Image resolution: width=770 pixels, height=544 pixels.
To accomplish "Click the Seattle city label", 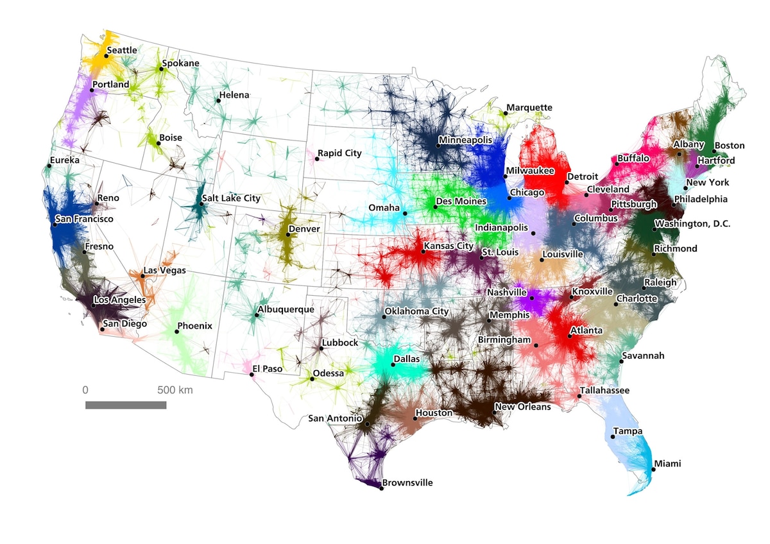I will point(122,50).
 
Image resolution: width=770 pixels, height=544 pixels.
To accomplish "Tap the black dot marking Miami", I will point(653,470).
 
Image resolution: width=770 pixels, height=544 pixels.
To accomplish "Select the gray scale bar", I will point(126,405).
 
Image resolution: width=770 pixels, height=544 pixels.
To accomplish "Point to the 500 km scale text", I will point(175,390).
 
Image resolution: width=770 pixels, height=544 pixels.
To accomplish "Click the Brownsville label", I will point(407,482).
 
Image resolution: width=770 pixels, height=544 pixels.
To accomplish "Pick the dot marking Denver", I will point(287,235).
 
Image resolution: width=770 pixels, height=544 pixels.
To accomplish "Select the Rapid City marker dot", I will point(317,158).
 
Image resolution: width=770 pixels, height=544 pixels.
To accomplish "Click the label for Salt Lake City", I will point(231,198).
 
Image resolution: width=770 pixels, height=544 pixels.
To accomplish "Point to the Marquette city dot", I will point(505,114).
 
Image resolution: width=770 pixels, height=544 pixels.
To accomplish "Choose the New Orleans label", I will point(522,407).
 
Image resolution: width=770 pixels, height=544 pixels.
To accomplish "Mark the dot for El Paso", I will point(252,375).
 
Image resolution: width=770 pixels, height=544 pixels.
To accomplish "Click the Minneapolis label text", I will point(465,140).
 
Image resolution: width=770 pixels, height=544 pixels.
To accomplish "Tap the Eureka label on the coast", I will point(64,160).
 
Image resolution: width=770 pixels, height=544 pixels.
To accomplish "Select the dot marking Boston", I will point(714,151).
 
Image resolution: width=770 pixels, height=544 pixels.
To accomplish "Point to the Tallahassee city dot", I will point(579,396).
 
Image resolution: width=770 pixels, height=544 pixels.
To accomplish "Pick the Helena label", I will point(234,96).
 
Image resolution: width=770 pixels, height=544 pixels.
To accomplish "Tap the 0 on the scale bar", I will point(85,390).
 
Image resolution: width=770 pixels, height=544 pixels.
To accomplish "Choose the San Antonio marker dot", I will point(367,424).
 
